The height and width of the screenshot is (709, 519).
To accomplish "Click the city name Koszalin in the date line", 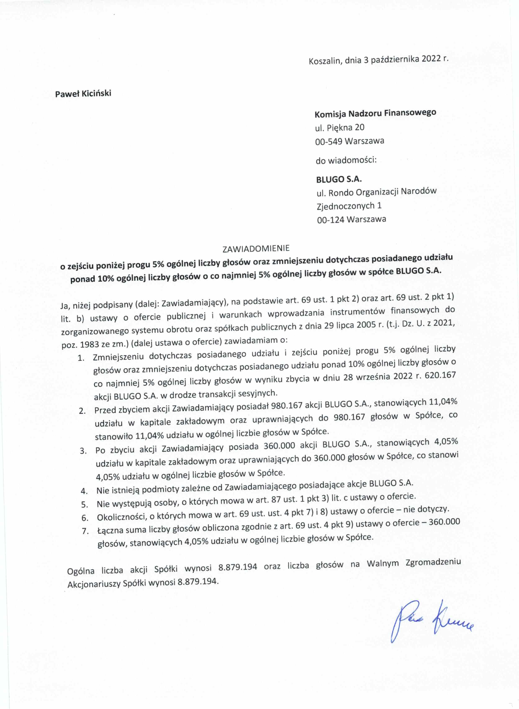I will tap(325, 61).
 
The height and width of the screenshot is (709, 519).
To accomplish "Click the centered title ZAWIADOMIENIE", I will tap(256, 248).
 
